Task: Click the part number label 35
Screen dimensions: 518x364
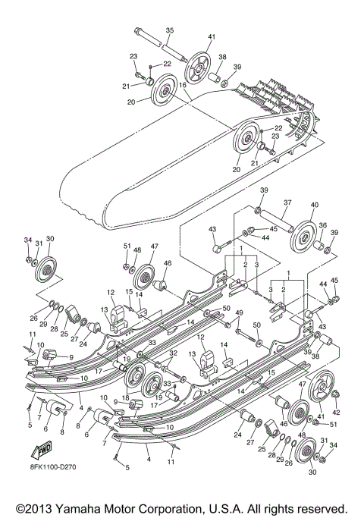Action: point(169,30)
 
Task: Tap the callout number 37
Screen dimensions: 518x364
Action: point(288,203)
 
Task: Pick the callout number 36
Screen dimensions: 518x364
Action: point(322,225)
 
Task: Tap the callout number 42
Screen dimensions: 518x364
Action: point(336,412)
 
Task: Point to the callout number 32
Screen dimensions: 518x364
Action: point(173,354)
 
